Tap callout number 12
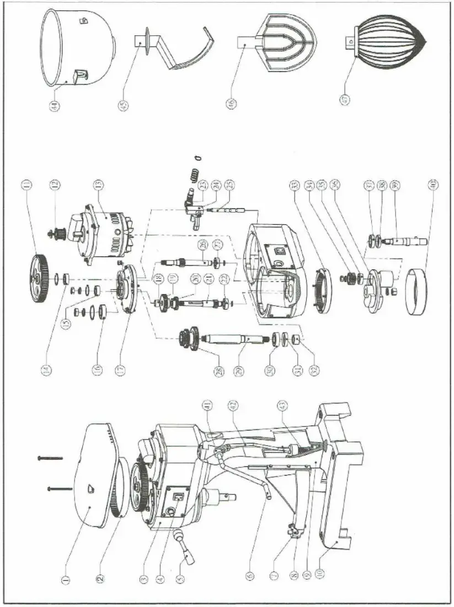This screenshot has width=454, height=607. (54, 185)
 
